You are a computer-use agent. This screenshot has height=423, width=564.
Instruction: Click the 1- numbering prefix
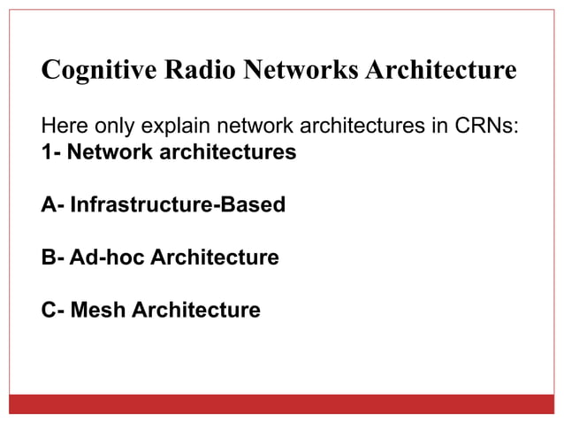(51, 151)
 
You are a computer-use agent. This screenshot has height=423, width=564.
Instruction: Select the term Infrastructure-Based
(178, 205)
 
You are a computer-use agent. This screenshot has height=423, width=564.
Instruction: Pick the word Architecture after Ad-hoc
(215, 258)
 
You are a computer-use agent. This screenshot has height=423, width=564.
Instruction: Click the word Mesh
(98, 311)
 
